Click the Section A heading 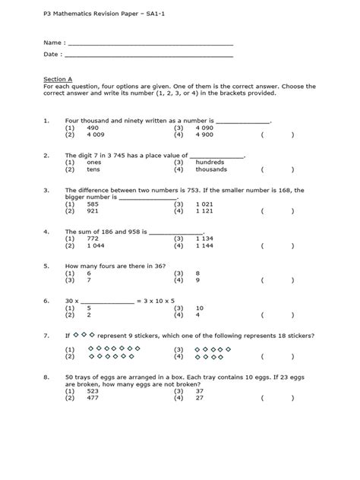pyautogui.click(x=57, y=78)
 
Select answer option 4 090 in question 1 pyautogui.click(x=204, y=128)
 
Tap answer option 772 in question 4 pyautogui.click(x=93, y=238)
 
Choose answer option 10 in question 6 pyautogui.click(x=199, y=308)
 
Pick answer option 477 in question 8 pyautogui.click(x=93, y=397)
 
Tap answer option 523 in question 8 pyautogui.click(x=93, y=390)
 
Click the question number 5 pyautogui.click(x=46, y=267)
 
